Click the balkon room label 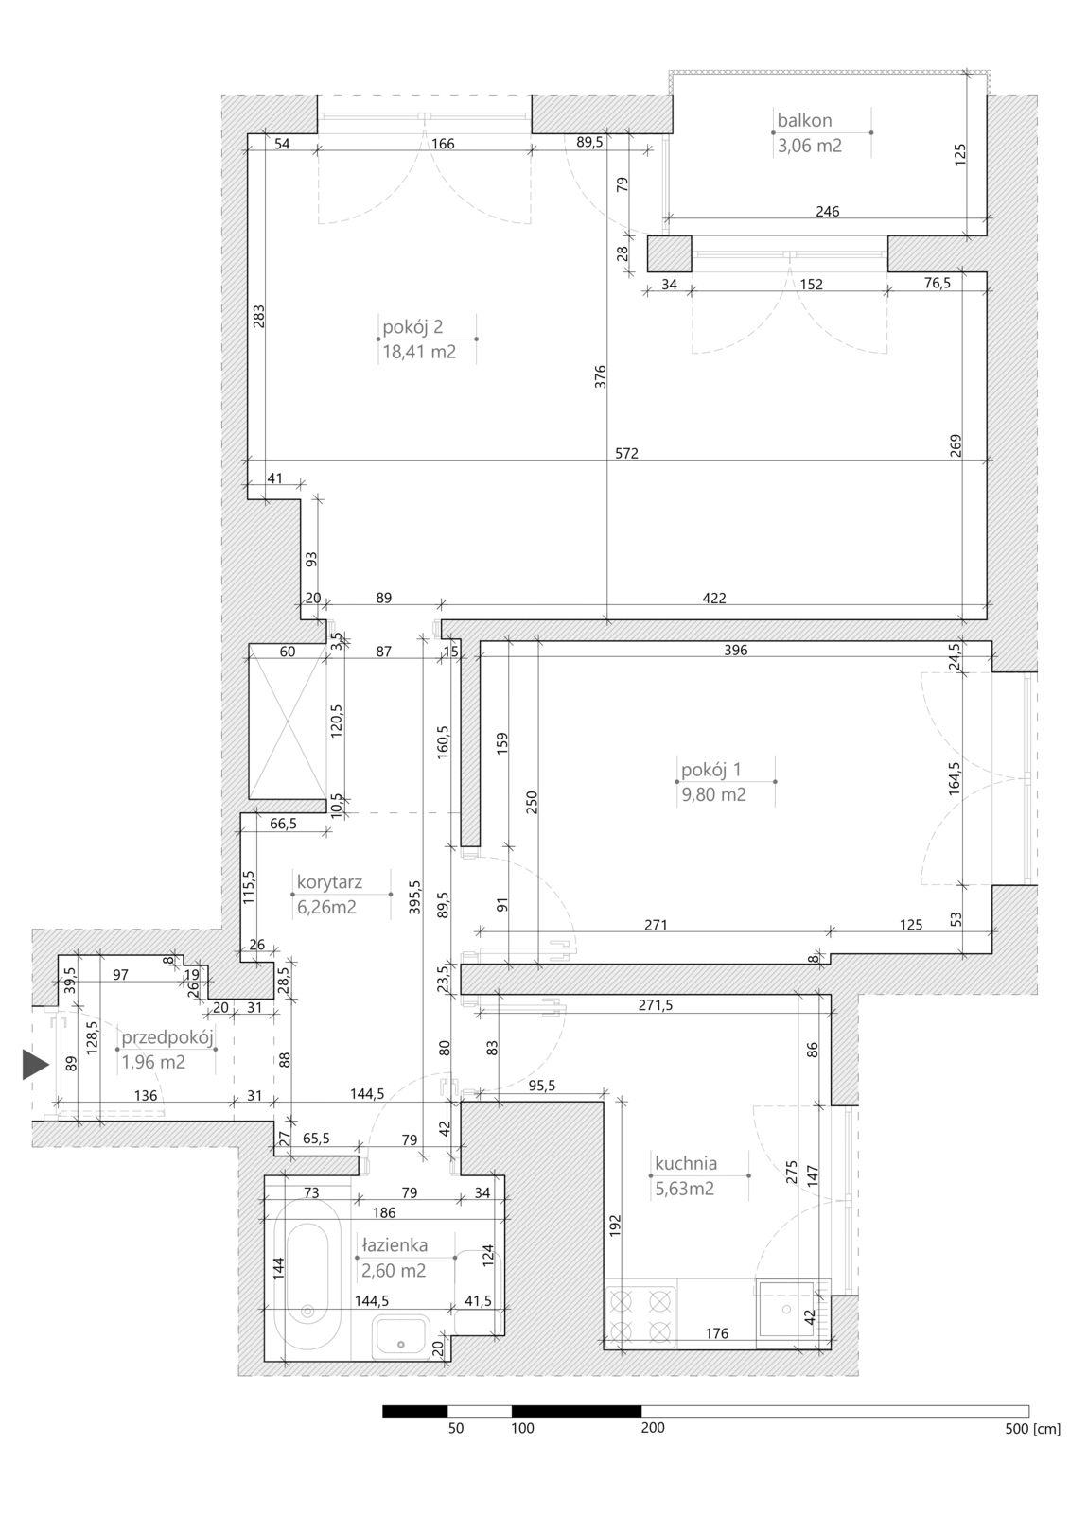pyautogui.click(x=804, y=121)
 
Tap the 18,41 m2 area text pyautogui.click(x=419, y=352)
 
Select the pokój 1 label pyautogui.click(x=711, y=770)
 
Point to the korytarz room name pyautogui.click(x=329, y=882)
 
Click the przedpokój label pyautogui.click(x=167, y=1037)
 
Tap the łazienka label pyautogui.click(x=395, y=1244)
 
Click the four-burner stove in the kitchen pyautogui.click(x=640, y=1315)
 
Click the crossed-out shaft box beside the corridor pyautogui.click(x=288, y=722)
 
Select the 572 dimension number pyautogui.click(x=626, y=453)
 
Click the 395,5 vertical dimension pyautogui.click(x=414, y=897)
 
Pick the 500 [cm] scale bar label pyautogui.click(x=1032, y=1429)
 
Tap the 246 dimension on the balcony pyautogui.click(x=828, y=212)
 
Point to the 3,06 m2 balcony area pyautogui.click(x=809, y=146)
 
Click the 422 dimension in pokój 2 pyautogui.click(x=713, y=598)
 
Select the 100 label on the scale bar pyautogui.click(x=522, y=1428)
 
